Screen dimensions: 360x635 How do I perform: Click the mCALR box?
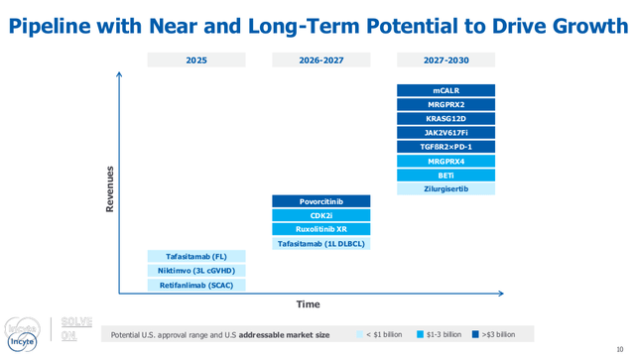[x=445, y=90]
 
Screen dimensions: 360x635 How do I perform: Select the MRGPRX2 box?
[x=445, y=104]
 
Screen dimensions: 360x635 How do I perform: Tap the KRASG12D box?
[x=445, y=118]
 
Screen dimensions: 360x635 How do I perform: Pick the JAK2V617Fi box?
[x=445, y=132]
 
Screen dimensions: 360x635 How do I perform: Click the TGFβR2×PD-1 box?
[x=445, y=147]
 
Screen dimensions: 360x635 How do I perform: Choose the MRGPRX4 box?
[x=445, y=161]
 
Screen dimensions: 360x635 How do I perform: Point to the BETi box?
[x=445, y=175]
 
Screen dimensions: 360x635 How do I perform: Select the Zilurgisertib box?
[x=445, y=188]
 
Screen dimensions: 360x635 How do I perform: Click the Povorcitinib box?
[x=320, y=201]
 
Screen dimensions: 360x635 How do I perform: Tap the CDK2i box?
[x=320, y=215]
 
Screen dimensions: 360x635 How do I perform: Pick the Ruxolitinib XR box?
[x=320, y=229]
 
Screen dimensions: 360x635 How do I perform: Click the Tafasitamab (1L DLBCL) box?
[x=320, y=243]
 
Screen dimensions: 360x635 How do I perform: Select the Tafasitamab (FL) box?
[x=196, y=256]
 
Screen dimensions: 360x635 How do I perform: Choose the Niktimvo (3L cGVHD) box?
[x=196, y=271]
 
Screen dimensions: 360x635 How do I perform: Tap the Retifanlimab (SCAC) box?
[x=196, y=285]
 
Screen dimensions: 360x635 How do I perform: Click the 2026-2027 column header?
[x=320, y=60]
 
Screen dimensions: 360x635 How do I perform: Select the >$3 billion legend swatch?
[x=476, y=335]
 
